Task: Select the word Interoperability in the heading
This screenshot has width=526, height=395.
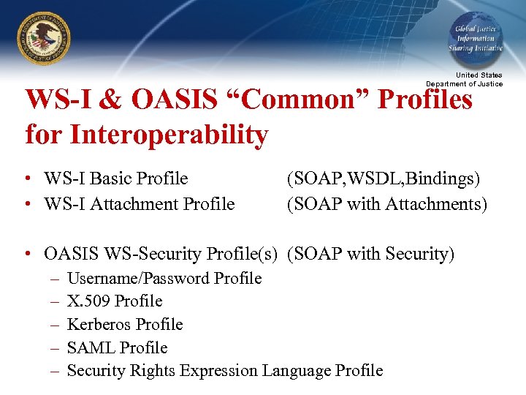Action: tap(147, 135)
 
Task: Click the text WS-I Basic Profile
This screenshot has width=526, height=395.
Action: tap(115, 178)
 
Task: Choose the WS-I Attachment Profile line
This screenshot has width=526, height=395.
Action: tap(139, 204)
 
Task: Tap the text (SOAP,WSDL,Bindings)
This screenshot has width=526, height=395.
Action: tap(383, 178)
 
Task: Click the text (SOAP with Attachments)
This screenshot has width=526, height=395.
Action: tap(386, 204)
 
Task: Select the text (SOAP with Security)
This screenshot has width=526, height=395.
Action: tap(370, 254)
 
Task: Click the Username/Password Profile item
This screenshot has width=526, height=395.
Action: tap(164, 278)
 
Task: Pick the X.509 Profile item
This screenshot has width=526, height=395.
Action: tap(114, 301)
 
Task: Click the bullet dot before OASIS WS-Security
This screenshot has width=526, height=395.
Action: tap(26, 255)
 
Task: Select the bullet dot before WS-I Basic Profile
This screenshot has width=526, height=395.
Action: tap(26, 179)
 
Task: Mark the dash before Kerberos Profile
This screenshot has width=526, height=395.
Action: tap(55, 324)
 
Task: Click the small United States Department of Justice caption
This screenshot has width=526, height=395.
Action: tap(465, 80)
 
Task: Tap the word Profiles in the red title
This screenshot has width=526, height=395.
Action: tap(425, 100)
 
